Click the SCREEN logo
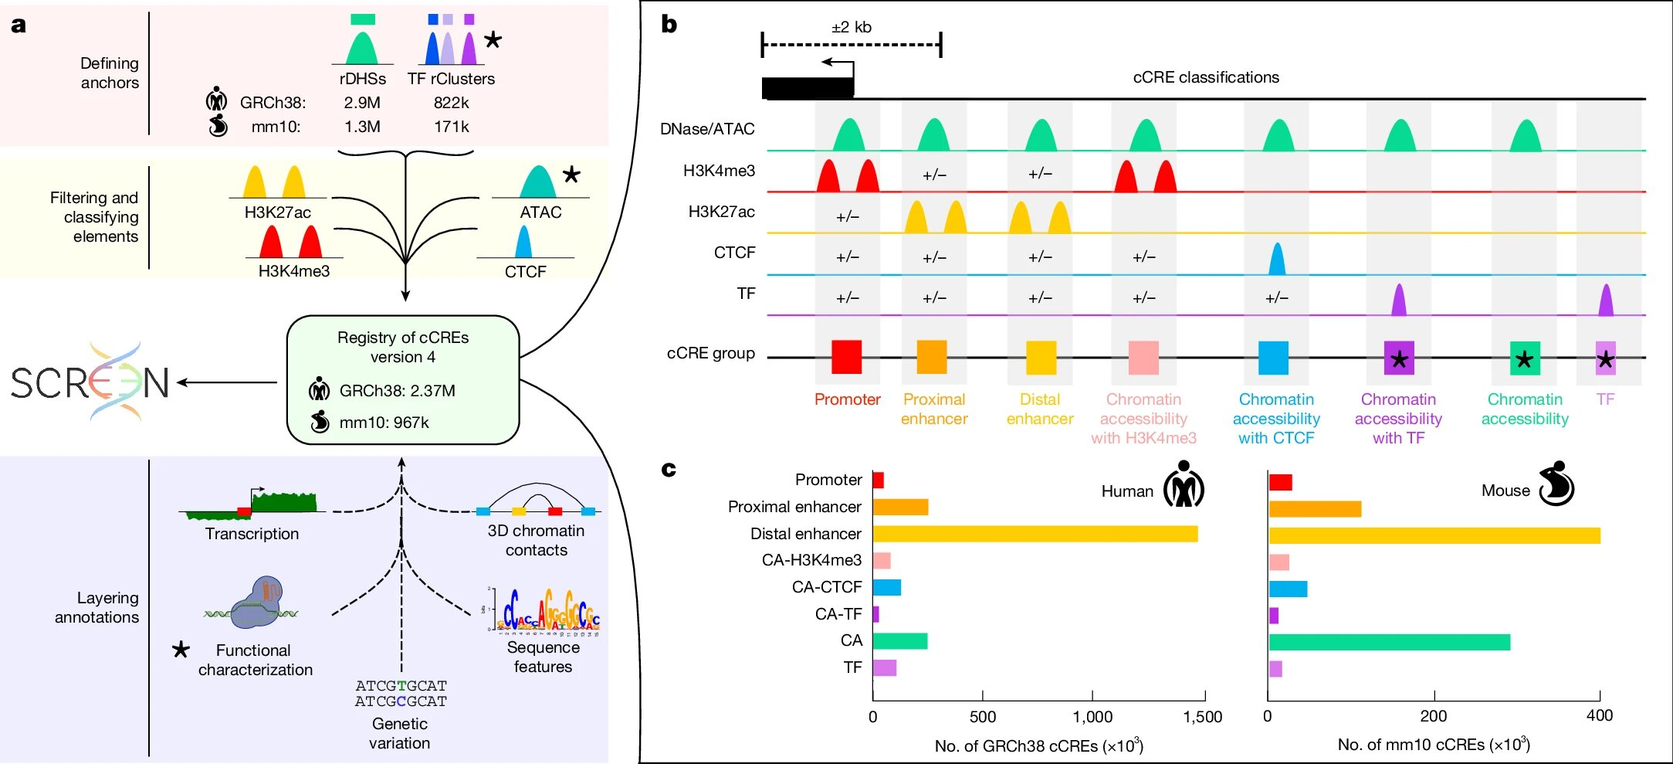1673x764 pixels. pyautogui.click(x=90, y=382)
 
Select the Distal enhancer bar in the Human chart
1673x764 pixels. pyautogui.click(x=1035, y=534)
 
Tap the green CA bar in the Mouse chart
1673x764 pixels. pyautogui.click(x=1388, y=642)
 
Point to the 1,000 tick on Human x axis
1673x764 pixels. pyautogui.click(x=1092, y=716)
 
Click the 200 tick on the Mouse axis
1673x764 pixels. pyautogui.click(x=1434, y=715)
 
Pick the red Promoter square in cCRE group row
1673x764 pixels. pyautogui.click(x=846, y=358)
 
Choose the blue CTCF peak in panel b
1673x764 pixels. pyautogui.click(x=1277, y=260)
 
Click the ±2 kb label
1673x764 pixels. pyautogui.click(x=851, y=27)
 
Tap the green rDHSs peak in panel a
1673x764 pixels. pyautogui.click(x=362, y=48)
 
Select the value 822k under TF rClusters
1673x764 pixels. pyautogui.click(x=451, y=103)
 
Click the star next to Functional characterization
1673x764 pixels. pyautogui.click(x=181, y=649)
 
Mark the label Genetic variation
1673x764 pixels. pyautogui.click(x=399, y=733)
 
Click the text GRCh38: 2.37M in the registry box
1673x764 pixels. pyautogui.click(x=397, y=391)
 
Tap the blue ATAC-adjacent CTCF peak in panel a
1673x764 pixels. pyautogui.click(x=523, y=242)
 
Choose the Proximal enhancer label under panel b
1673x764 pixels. pyautogui.click(x=934, y=409)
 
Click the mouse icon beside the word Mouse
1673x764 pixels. pyautogui.click(x=1556, y=484)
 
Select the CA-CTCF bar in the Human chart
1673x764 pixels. pyautogui.click(x=886, y=587)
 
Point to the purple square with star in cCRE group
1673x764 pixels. pyautogui.click(x=1398, y=358)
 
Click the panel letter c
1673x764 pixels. pyautogui.click(x=669, y=469)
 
